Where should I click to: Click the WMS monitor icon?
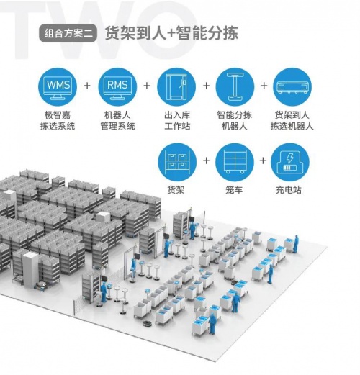(x=58, y=87)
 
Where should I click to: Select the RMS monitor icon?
(x=117, y=87)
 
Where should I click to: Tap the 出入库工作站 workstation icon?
(x=176, y=87)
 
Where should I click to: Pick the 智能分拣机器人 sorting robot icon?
(x=235, y=87)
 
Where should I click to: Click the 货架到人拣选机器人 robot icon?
(x=292, y=87)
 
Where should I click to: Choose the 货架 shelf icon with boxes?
(x=177, y=162)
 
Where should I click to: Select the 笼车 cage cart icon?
(x=235, y=162)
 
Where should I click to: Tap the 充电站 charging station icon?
(x=290, y=162)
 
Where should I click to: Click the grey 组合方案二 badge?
(x=68, y=33)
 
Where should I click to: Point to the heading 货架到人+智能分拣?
(x=171, y=33)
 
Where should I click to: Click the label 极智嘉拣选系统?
(x=58, y=120)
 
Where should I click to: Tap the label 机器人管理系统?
(x=117, y=120)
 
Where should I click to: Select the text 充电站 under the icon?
(x=289, y=190)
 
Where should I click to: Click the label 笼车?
(x=234, y=190)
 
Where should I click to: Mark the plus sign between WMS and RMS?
(x=87, y=86)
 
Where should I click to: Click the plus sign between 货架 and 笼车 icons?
(x=206, y=161)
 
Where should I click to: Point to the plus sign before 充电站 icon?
(x=263, y=161)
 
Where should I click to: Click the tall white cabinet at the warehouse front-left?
(x=30, y=269)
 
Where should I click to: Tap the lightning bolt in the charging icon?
(x=290, y=158)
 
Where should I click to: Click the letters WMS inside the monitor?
(x=58, y=85)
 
